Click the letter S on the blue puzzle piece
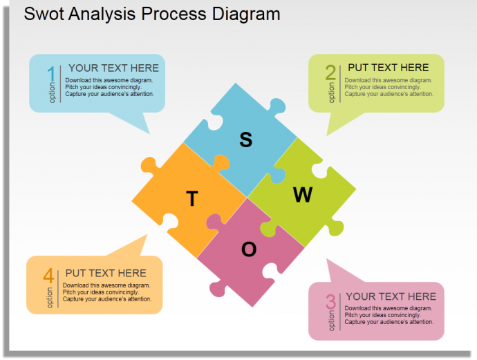coord(246,140)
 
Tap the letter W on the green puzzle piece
coord(303,196)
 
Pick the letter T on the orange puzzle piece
coord(192,200)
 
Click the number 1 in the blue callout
coord(50,74)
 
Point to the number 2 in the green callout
coord(330,73)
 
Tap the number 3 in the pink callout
coord(330,301)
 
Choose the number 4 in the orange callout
coord(48,275)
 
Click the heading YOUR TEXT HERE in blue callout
coord(113,68)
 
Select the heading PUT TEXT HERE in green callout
coord(389,67)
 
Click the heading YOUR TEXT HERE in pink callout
coord(391,296)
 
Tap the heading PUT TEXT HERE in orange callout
coord(106,273)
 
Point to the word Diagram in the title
coord(245,13)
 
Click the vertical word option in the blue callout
coord(52,92)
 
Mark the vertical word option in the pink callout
coord(332,321)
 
